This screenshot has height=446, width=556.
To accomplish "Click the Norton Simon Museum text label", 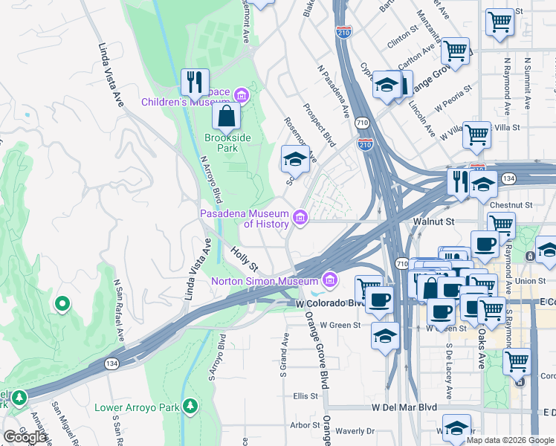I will tap(264, 281).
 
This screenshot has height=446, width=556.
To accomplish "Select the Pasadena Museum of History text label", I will tap(245, 219).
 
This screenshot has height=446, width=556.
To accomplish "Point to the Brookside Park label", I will tap(227, 143).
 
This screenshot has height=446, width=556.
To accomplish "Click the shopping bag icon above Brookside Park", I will tap(225, 116).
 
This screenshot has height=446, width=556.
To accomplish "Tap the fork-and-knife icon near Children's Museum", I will tap(195, 81).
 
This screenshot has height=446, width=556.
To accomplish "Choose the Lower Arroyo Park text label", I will tap(137, 408).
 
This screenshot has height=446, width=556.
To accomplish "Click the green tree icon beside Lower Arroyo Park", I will tap(191, 407).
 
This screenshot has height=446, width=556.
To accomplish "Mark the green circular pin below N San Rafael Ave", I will tap(62, 303).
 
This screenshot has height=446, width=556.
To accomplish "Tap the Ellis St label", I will tap(306, 396).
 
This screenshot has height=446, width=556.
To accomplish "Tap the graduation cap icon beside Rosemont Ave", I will tap(295, 158).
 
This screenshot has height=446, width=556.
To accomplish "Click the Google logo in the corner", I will tap(25, 436).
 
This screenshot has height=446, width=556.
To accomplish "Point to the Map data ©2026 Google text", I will tap(509, 440).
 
